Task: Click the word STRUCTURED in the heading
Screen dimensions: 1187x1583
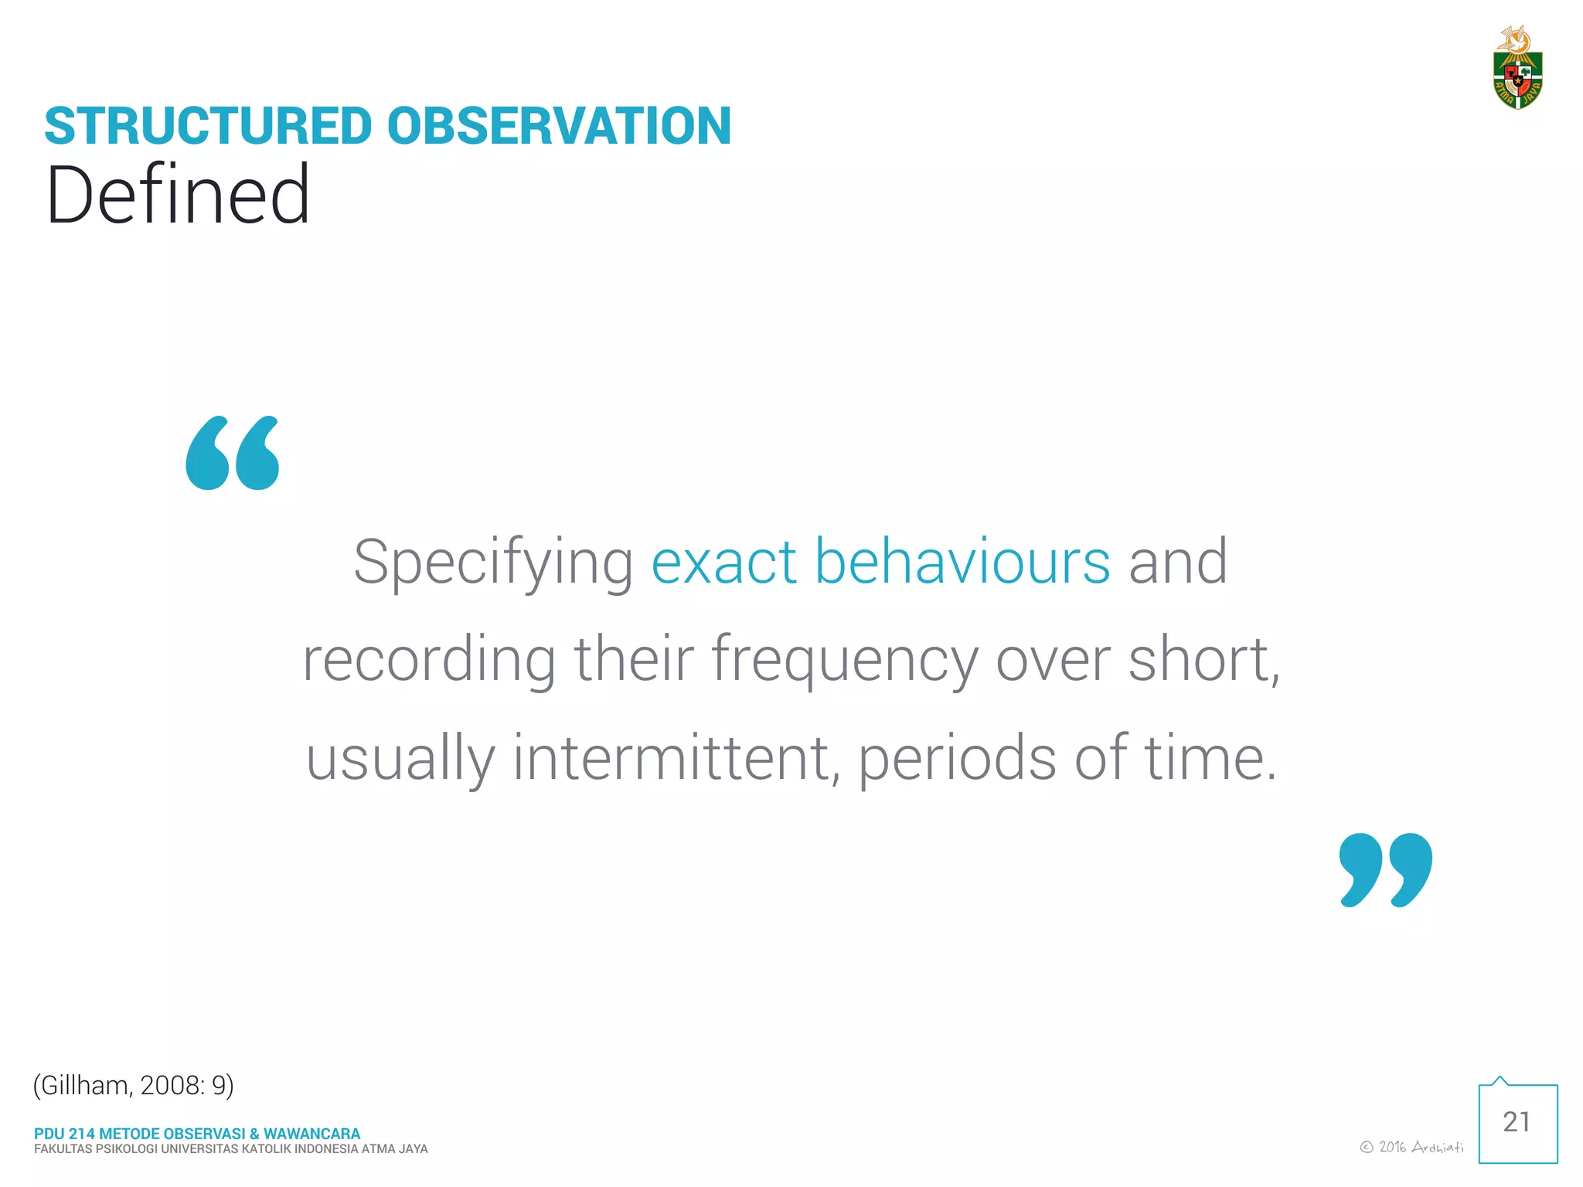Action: click(x=209, y=126)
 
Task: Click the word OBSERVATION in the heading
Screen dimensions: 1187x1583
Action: click(x=558, y=126)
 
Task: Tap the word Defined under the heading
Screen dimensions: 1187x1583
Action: click(x=178, y=195)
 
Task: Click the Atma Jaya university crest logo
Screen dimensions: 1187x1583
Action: click(x=1517, y=70)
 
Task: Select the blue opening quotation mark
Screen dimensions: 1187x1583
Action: click(x=232, y=454)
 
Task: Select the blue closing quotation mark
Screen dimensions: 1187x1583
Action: click(x=1385, y=869)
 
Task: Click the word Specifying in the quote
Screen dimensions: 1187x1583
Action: click(x=493, y=563)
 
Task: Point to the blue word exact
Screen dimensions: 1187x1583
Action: click(x=723, y=563)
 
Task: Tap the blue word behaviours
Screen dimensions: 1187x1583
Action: click(x=962, y=563)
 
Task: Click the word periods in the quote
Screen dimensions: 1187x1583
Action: click(x=957, y=759)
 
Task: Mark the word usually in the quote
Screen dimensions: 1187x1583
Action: click(x=400, y=759)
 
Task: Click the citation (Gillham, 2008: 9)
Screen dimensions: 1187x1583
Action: click(x=133, y=1086)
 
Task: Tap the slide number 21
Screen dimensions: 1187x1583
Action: click(x=1517, y=1122)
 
